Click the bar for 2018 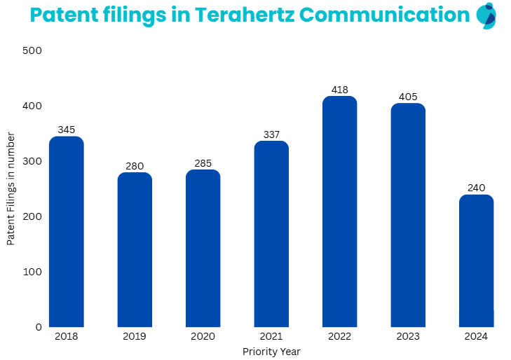point(67,231)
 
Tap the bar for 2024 point(476,261)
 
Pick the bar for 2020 point(203,248)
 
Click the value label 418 point(339,90)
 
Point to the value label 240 point(476,188)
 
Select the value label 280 point(135,166)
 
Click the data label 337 point(271,134)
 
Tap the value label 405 point(407,97)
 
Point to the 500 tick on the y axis point(32,50)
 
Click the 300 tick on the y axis point(32,161)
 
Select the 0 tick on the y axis point(38,326)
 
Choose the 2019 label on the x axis point(135,337)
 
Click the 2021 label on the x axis point(271,337)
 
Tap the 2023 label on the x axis point(407,337)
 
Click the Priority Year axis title point(271,352)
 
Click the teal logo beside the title point(486,15)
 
